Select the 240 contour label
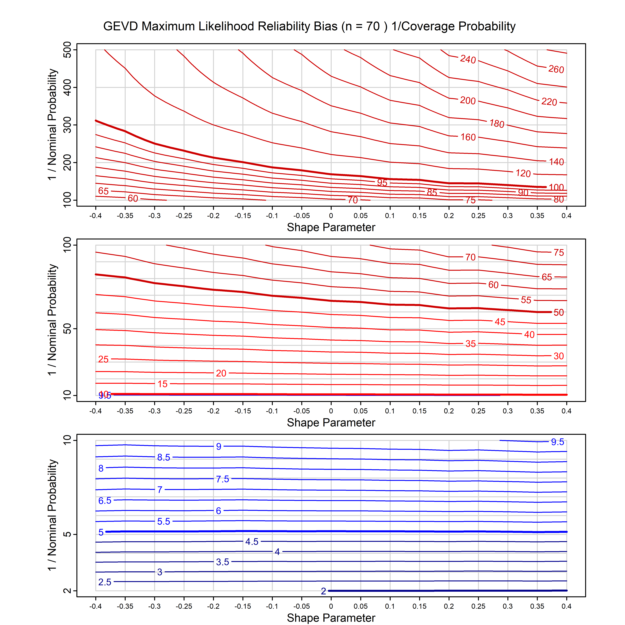click(x=468, y=59)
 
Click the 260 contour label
click(x=556, y=69)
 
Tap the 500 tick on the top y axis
click(x=67, y=50)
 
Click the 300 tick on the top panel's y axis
click(x=67, y=125)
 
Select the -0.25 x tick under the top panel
click(x=184, y=216)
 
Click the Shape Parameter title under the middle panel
click(x=331, y=423)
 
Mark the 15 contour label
click(x=162, y=384)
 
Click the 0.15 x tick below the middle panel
click(x=419, y=411)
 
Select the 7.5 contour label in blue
click(x=223, y=479)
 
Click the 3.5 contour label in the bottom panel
click(x=223, y=562)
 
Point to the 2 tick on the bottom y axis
click(x=67, y=591)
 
